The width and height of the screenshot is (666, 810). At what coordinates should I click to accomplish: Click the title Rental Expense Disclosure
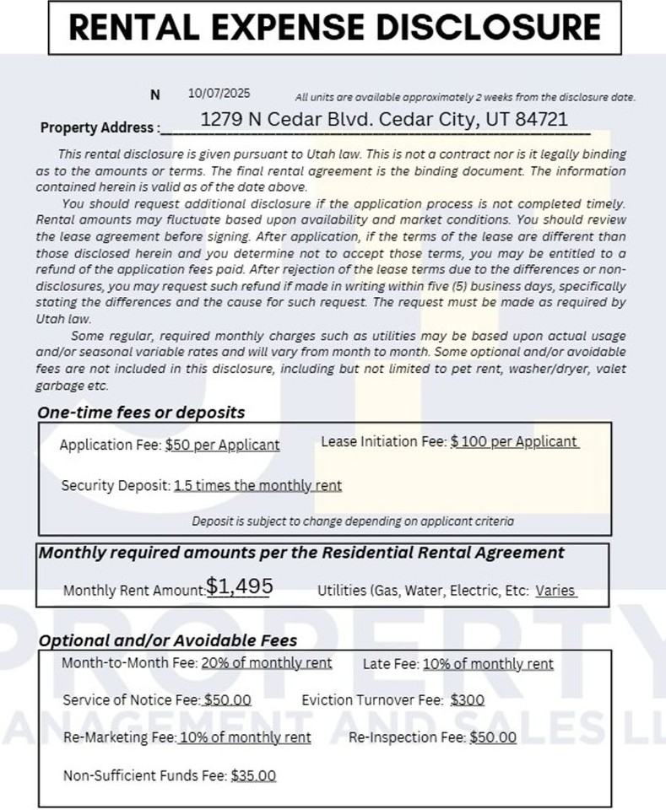pos(334,28)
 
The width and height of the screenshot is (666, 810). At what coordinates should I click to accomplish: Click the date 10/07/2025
pos(219,94)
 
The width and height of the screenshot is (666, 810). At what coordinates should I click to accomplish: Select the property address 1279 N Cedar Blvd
pos(384,120)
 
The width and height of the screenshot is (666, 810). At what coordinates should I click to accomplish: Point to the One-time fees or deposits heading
pos(141,413)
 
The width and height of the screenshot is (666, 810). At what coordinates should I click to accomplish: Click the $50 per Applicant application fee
pos(222,445)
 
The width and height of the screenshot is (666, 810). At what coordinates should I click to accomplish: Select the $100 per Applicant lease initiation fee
pos(514,441)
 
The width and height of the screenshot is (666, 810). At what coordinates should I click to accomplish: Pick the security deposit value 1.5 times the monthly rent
pos(257,485)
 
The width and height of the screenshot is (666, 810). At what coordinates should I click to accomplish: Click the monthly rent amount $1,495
pos(239,586)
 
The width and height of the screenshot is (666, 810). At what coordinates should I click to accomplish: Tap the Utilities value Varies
pos(555,591)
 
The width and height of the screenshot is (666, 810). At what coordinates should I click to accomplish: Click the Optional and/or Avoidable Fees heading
pos(168,640)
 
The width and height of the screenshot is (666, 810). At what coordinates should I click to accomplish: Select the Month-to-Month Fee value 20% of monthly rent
pos(266,663)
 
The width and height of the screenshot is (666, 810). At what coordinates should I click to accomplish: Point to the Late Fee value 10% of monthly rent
pos(488,664)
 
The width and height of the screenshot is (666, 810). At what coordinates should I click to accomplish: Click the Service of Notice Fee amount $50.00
pos(228,700)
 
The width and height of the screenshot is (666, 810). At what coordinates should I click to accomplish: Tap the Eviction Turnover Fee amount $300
pos(468,700)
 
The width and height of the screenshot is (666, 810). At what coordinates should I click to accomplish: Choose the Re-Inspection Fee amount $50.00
pos(493,737)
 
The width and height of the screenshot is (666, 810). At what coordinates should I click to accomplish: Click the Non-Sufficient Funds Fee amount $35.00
pos(253,775)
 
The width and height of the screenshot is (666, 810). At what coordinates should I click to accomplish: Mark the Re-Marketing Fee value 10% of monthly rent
pos(245,737)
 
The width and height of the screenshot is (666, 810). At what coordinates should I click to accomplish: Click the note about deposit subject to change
pos(352,521)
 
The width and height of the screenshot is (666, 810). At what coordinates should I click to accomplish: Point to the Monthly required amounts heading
pos(301,553)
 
